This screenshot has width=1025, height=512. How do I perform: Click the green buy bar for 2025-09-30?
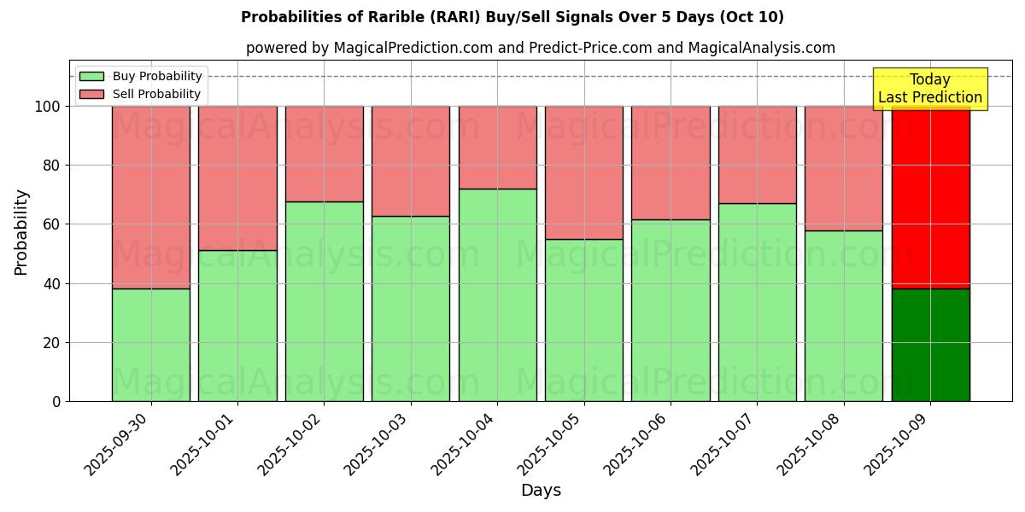pos(151,345)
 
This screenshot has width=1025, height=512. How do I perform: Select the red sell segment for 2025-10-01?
pos(237,177)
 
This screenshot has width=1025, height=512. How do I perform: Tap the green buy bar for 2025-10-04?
pos(497,294)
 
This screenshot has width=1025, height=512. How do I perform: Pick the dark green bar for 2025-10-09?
pos(930,345)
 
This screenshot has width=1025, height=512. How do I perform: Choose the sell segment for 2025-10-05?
pos(584,172)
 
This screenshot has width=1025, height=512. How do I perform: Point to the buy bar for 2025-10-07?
pos(757,302)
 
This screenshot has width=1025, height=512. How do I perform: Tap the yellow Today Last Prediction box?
pos(929,89)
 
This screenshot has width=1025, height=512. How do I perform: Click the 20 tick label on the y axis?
pos(53,342)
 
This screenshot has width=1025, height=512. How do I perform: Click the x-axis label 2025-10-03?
pos(376,444)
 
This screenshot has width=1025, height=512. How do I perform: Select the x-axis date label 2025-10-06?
pos(635,444)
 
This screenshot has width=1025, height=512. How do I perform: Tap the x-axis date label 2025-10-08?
pos(809,444)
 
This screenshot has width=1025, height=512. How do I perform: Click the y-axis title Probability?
pos(21,232)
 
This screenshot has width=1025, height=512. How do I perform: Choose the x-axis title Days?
pos(541,491)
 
